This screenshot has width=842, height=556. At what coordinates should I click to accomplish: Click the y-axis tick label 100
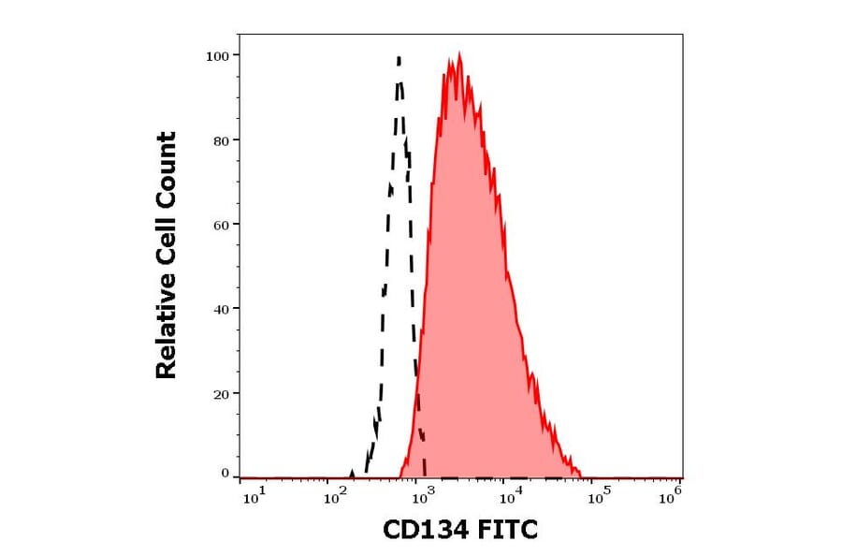(217, 56)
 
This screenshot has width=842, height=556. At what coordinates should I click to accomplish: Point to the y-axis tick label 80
(221, 140)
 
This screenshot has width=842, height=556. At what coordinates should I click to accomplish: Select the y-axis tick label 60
(221, 225)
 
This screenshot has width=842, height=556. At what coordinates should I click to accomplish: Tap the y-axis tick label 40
(221, 309)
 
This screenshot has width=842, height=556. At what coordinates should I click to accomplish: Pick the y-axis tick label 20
(221, 394)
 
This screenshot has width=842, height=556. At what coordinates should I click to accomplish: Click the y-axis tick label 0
(225, 474)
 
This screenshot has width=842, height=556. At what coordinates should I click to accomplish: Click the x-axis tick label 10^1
(253, 497)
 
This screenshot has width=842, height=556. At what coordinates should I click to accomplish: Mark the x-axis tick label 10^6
(670, 497)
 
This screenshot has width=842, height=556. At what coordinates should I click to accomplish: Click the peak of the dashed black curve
(399, 58)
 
